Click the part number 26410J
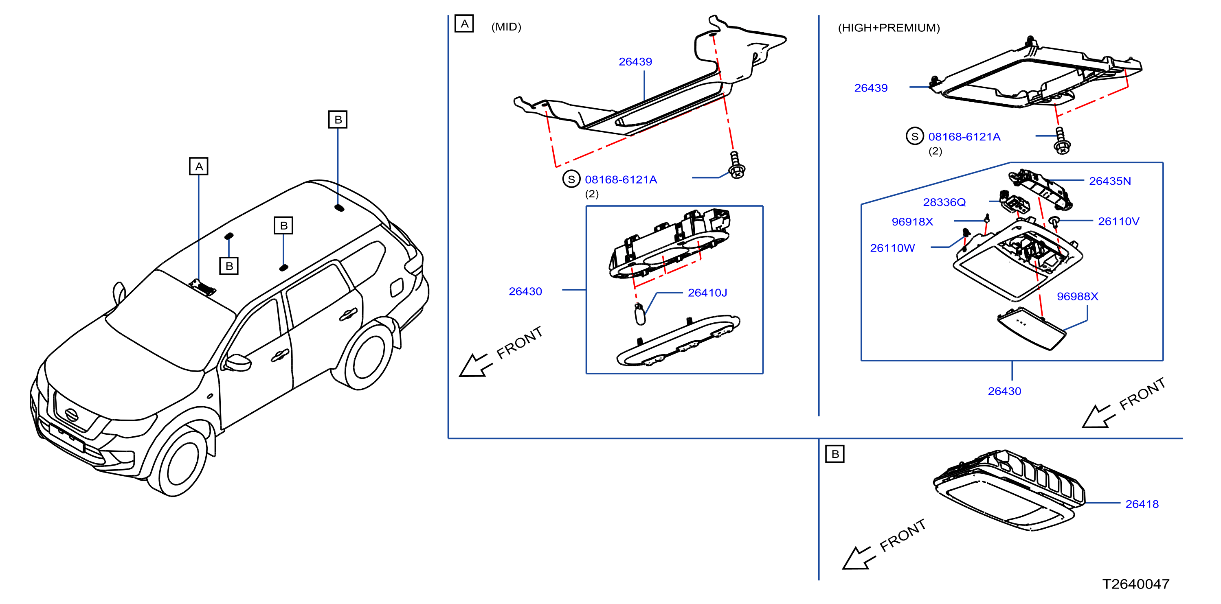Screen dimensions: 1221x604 coord(707,293)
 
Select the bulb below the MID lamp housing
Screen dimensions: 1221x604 coord(640,314)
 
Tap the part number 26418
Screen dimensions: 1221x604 coord(1142,504)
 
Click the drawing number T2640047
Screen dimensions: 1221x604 coord(1136,584)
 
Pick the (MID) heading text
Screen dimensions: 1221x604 coord(506,27)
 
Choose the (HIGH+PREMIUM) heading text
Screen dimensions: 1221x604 coord(889,28)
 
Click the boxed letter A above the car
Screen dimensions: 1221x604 coord(199,166)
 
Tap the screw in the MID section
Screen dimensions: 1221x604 coord(736,165)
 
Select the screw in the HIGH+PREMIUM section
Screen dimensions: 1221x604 coord(1062,141)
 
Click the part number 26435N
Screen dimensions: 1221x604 coord(1110,181)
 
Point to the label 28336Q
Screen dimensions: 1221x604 coord(944,202)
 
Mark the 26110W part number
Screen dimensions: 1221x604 coord(892,248)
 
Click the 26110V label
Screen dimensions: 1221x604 coord(1119,221)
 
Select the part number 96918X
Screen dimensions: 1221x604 coord(912,222)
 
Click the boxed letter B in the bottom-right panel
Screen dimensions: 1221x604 coord(834,454)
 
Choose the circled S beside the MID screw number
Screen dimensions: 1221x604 coord(571,179)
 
